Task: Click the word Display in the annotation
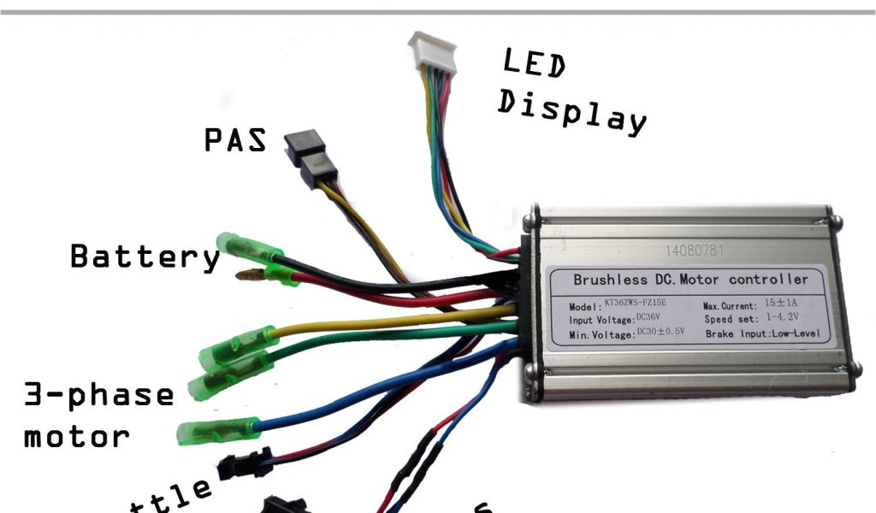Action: click(571, 115)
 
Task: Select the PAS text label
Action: click(235, 139)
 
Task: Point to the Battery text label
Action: click(145, 256)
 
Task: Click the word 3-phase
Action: click(98, 395)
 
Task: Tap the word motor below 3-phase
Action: click(77, 437)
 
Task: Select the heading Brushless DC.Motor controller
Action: click(690, 280)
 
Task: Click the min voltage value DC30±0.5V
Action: click(660, 333)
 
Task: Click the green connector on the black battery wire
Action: click(248, 248)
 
